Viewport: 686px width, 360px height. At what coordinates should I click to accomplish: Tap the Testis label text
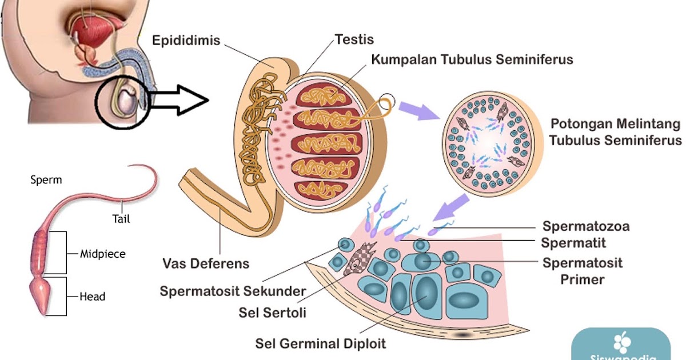point(354,39)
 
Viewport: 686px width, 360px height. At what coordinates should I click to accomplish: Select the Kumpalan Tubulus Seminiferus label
point(472,59)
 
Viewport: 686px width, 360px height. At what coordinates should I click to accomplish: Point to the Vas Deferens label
point(206,264)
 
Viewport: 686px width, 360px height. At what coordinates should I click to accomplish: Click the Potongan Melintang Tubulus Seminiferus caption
point(615,132)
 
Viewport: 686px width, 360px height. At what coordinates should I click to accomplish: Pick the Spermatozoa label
point(586,226)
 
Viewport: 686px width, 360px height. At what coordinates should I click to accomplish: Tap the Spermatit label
point(573,243)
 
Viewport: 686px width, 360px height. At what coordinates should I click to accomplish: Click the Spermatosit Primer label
point(582,271)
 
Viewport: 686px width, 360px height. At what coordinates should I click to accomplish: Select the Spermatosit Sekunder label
point(233,291)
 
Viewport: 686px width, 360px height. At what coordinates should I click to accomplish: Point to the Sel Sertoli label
point(273,313)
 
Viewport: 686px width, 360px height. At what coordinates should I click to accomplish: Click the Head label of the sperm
point(92,297)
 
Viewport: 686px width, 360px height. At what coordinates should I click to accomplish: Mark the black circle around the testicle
point(122,103)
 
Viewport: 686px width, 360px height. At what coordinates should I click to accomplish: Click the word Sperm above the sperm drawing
point(46,180)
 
